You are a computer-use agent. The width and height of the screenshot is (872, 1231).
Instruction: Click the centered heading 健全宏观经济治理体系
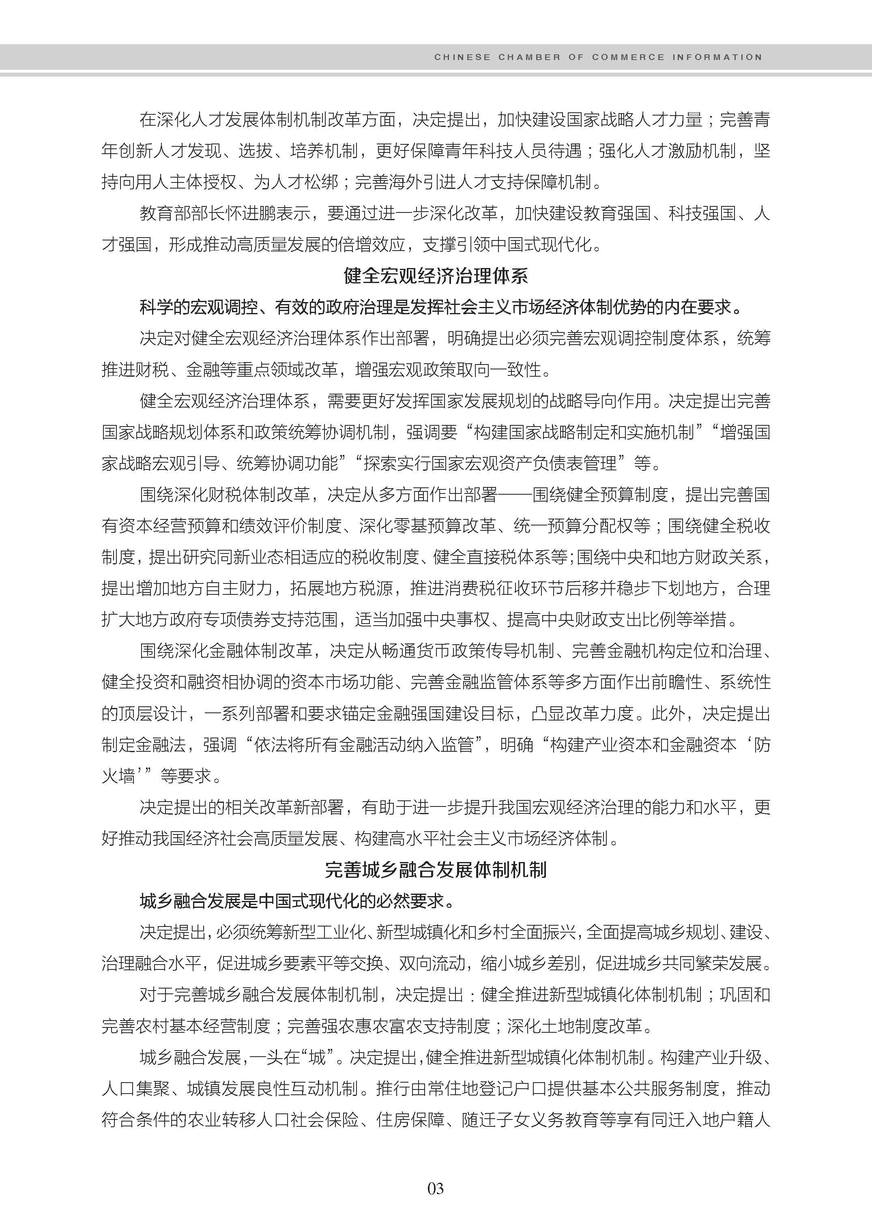click(436, 276)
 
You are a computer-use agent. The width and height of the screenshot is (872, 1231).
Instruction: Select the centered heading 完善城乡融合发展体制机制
click(436, 869)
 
